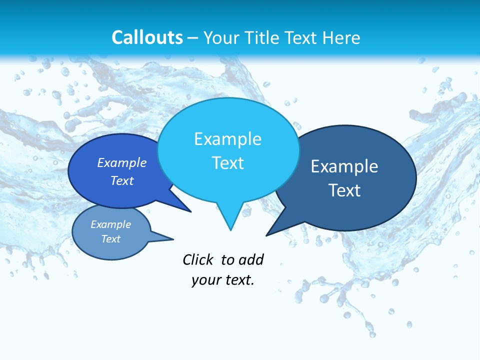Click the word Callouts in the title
click(147, 37)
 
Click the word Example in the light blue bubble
click(227, 139)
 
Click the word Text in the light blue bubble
click(227, 163)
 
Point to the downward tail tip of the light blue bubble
click(230, 229)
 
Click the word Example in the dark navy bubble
click(344, 166)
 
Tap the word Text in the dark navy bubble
click(344, 190)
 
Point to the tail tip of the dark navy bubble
click(267, 235)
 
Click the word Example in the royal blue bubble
click(122, 162)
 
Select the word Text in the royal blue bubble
click(122, 180)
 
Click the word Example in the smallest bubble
click(110, 224)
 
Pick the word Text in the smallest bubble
click(110, 239)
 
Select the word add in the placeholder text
click(250, 259)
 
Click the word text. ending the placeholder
click(238, 280)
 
